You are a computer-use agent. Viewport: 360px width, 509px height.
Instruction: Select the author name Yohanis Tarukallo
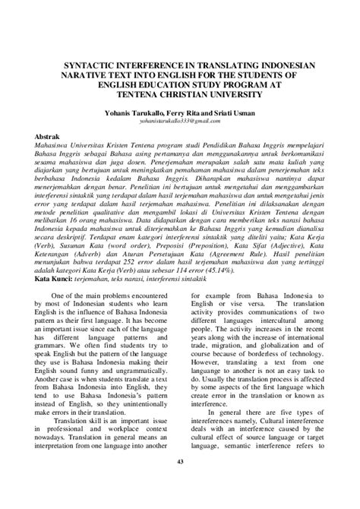click(x=131, y=110)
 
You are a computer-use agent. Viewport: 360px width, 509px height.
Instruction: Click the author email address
click(x=179, y=119)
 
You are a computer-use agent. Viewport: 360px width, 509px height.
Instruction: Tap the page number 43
click(x=180, y=483)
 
